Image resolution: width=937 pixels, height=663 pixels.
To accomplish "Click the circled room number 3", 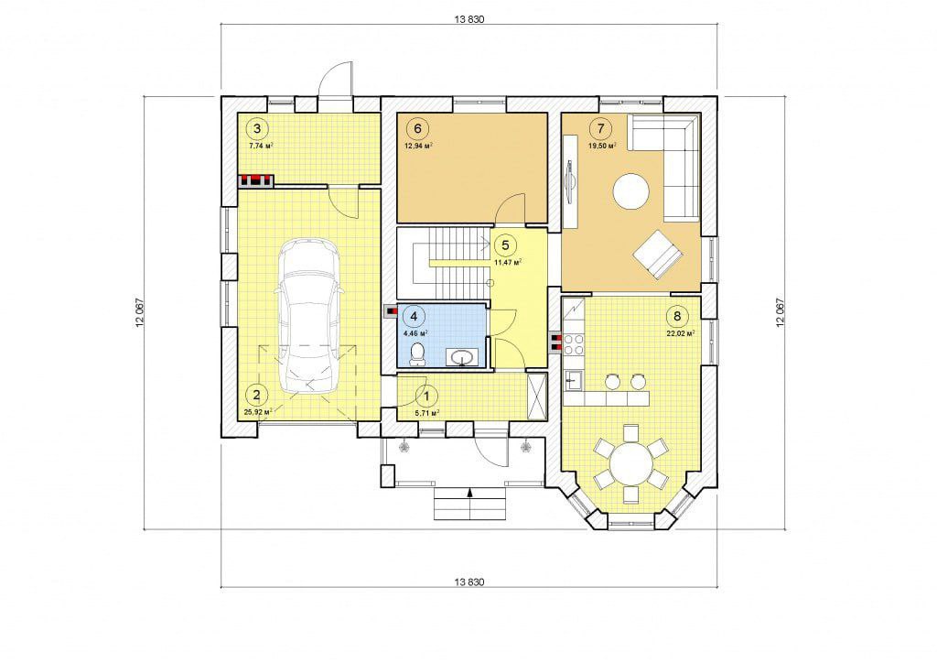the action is tap(257, 128).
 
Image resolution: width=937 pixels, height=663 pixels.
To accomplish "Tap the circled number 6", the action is tap(417, 128).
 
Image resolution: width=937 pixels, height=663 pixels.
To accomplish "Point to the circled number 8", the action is tap(677, 316).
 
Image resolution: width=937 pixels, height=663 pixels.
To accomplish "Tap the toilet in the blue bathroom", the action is tap(417, 354).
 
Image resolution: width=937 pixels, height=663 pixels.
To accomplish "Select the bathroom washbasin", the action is tap(462, 358).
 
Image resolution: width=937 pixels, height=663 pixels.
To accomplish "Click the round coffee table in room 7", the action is tap(631, 191).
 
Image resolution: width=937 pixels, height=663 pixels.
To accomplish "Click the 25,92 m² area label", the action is tap(258, 412).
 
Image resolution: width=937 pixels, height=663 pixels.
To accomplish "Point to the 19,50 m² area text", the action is tap(602, 146).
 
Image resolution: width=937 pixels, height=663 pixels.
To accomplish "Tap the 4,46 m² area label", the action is tap(416, 333).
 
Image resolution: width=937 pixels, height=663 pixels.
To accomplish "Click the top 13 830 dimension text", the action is tap(469, 19).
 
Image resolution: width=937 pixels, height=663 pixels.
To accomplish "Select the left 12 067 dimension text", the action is tap(139, 312).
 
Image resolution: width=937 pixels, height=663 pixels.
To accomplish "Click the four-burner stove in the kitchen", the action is tap(575, 343).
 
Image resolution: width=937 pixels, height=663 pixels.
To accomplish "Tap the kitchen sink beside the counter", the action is tap(574, 380).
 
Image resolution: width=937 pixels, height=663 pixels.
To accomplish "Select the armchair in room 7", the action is tap(658, 255).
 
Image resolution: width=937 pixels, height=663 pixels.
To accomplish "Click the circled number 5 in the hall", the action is tap(505, 245).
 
